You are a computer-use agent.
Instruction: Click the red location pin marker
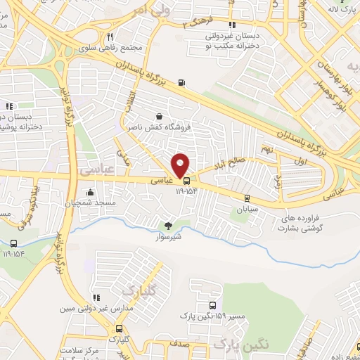(181, 165)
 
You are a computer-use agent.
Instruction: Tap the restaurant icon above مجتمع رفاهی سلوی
(110, 37)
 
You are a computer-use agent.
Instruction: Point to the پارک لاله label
(342, 8)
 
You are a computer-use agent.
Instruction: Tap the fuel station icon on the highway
(182, 84)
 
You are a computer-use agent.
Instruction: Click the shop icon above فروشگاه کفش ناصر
(160, 117)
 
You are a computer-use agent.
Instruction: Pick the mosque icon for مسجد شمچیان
(90, 193)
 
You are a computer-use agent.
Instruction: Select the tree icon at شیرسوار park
(168, 226)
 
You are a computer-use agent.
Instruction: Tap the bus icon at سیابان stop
(246, 198)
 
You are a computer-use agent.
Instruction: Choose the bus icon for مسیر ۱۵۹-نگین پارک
(213, 305)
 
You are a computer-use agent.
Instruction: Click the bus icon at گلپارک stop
(120, 328)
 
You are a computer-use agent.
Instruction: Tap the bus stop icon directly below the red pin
(186, 180)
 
